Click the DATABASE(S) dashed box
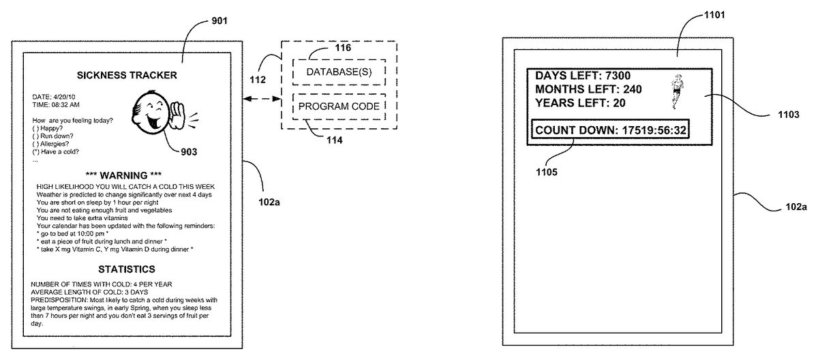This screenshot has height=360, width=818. (x=338, y=71)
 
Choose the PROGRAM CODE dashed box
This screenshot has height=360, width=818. (x=338, y=106)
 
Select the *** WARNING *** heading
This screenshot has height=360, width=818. (x=126, y=175)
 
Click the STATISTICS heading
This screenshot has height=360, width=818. (x=126, y=269)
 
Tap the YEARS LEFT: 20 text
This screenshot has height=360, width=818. (x=581, y=103)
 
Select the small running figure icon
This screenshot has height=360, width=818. (x=675, y=91)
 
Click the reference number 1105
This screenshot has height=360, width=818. (x=547, y=172)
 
